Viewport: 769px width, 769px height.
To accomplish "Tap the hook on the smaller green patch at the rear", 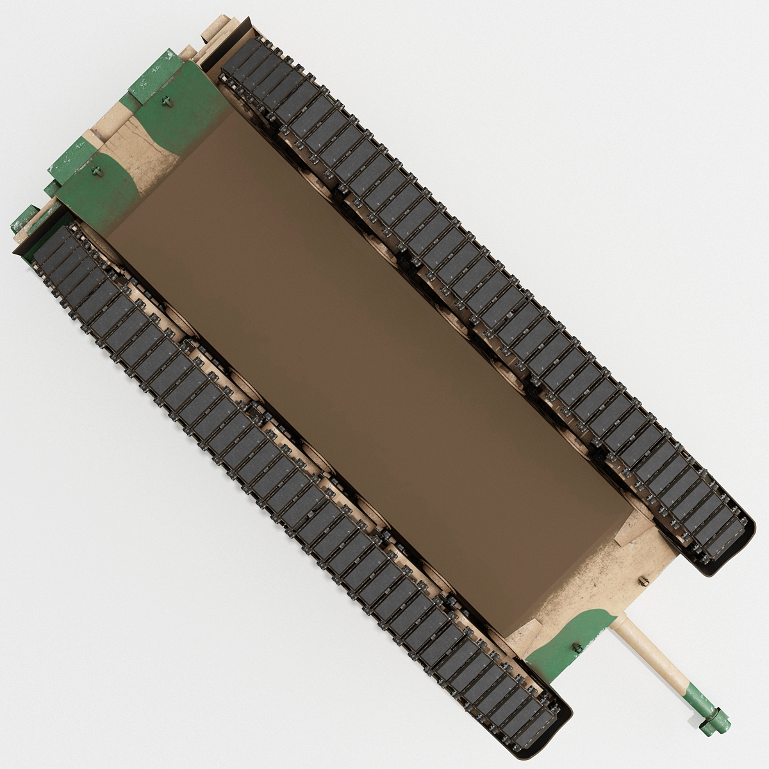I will [x=96, y=171].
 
